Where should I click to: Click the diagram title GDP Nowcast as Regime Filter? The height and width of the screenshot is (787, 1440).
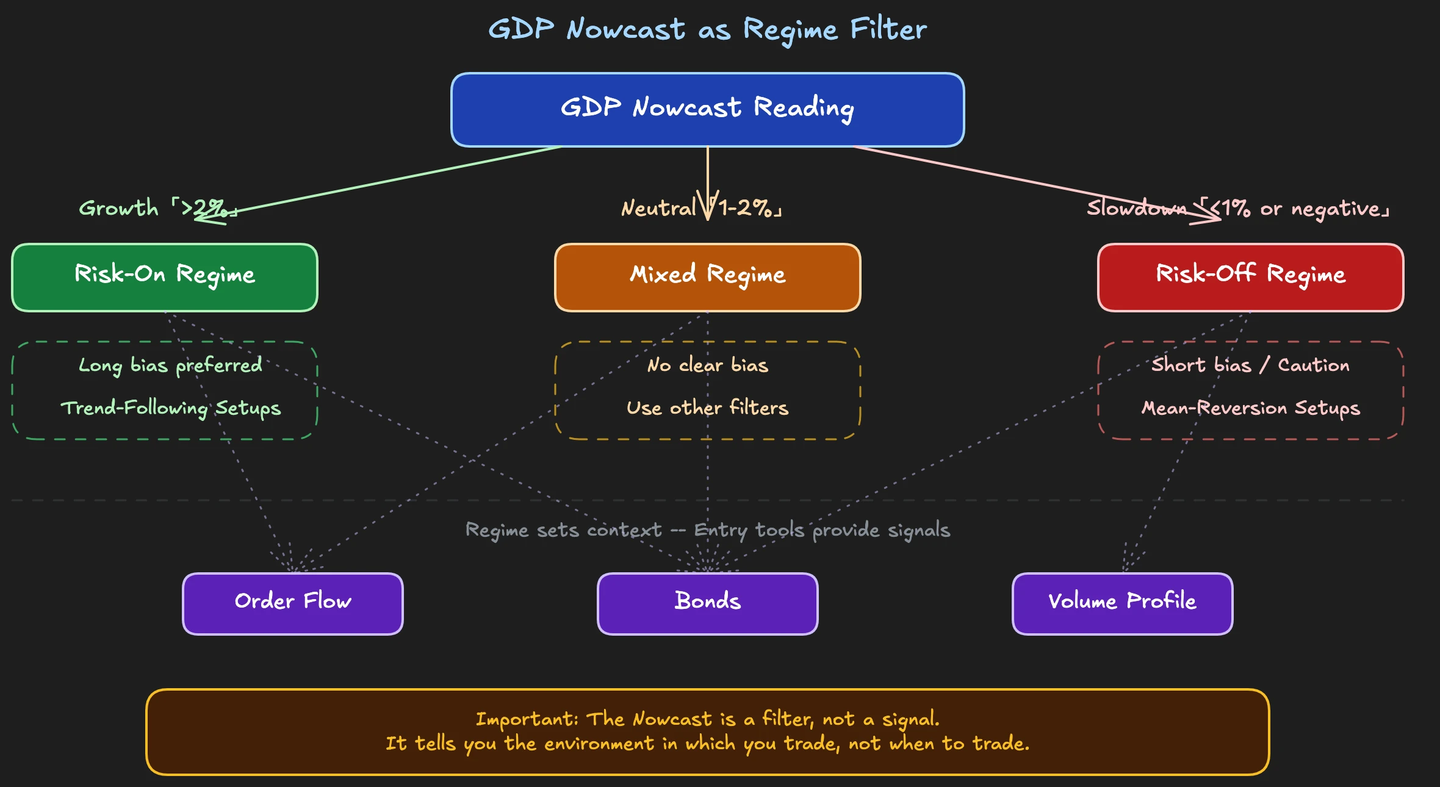[707, 29]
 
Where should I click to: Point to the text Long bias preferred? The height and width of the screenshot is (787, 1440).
[170, 365]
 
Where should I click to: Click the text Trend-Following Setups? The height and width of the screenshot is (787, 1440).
[170, 408]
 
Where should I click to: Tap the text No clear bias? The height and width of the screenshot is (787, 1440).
[707, 365]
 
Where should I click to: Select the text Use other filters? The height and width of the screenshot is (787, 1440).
[707, 408]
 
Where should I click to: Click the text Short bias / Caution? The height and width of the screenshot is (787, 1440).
[1250, 365]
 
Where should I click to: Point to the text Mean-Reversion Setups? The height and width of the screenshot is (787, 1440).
[1250, 408]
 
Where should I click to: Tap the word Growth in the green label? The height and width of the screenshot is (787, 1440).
[118, 209]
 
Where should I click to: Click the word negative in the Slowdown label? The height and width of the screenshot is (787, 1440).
[1336, 209]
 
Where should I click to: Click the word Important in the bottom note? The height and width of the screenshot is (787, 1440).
[525, 719]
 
